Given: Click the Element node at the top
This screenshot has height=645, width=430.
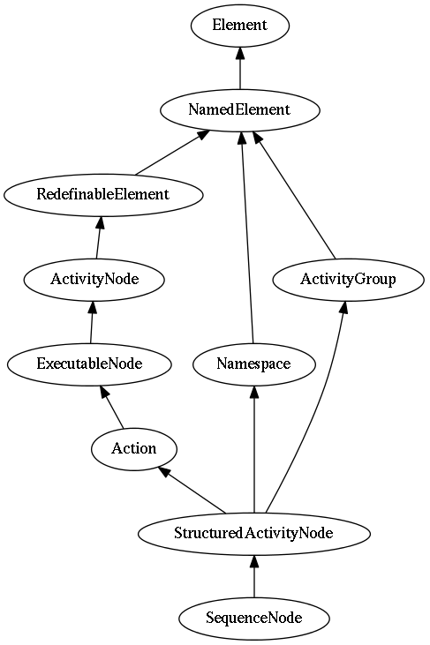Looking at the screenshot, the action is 240,26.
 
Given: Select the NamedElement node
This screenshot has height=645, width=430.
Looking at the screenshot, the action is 240,110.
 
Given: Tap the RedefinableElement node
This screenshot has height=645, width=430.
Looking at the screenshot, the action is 103,195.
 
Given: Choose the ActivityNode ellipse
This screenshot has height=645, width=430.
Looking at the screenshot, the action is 94,280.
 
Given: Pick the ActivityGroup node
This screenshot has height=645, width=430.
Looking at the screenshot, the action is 348,280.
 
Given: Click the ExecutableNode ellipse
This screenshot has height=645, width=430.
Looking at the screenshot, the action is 89,364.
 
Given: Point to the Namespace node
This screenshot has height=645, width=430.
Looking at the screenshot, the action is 254,364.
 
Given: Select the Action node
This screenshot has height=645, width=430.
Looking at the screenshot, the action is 134,449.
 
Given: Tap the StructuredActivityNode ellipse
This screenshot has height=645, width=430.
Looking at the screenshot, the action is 254,534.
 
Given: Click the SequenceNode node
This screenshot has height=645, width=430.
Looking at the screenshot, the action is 254,619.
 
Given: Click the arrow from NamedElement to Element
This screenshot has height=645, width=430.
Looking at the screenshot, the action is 240,68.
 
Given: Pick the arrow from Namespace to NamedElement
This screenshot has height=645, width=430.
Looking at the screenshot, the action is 247,237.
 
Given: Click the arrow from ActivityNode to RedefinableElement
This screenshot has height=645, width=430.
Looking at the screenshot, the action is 98,237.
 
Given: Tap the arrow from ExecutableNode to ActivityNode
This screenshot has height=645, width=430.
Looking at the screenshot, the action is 92,322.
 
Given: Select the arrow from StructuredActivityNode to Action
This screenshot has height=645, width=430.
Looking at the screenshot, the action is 192,491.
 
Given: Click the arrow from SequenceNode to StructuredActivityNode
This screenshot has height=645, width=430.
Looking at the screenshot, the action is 254,576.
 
